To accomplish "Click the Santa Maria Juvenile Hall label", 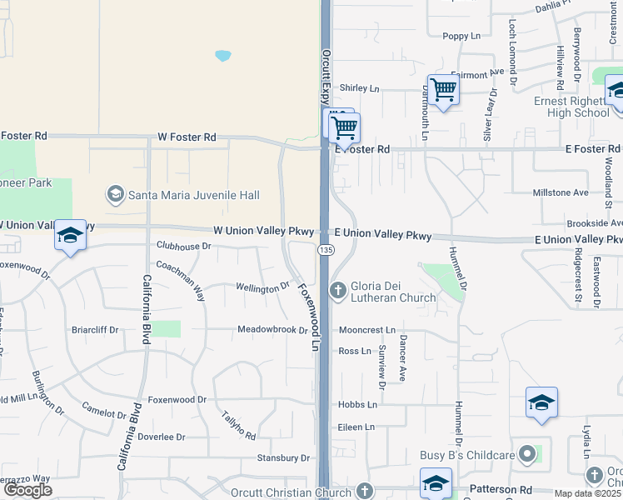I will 193,195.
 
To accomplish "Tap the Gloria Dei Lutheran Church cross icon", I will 337,290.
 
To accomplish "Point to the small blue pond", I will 222,56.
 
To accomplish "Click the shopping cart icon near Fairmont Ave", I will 443,89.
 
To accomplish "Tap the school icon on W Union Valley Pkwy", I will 71,237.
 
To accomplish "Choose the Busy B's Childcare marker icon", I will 526,454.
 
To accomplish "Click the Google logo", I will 27,490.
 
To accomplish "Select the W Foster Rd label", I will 187,137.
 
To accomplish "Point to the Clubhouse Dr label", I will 183,246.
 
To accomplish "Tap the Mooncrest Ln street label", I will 366,331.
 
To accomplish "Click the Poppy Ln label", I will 461,36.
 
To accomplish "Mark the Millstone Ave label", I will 560,192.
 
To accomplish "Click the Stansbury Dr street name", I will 282,457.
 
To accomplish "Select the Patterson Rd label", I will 502,490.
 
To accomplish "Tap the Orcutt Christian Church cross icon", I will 364,492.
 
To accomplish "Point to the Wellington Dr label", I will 262,287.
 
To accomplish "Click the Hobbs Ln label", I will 357,404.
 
